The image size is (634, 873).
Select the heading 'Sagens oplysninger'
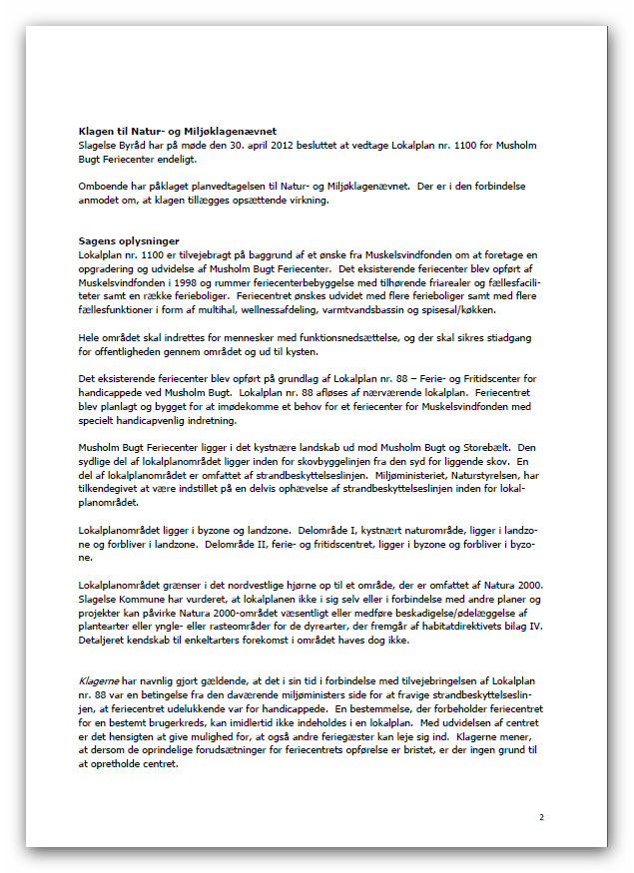(129, 240)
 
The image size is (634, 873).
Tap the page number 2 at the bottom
(541, 818)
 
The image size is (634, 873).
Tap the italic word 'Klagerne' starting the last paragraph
(100, 678)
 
